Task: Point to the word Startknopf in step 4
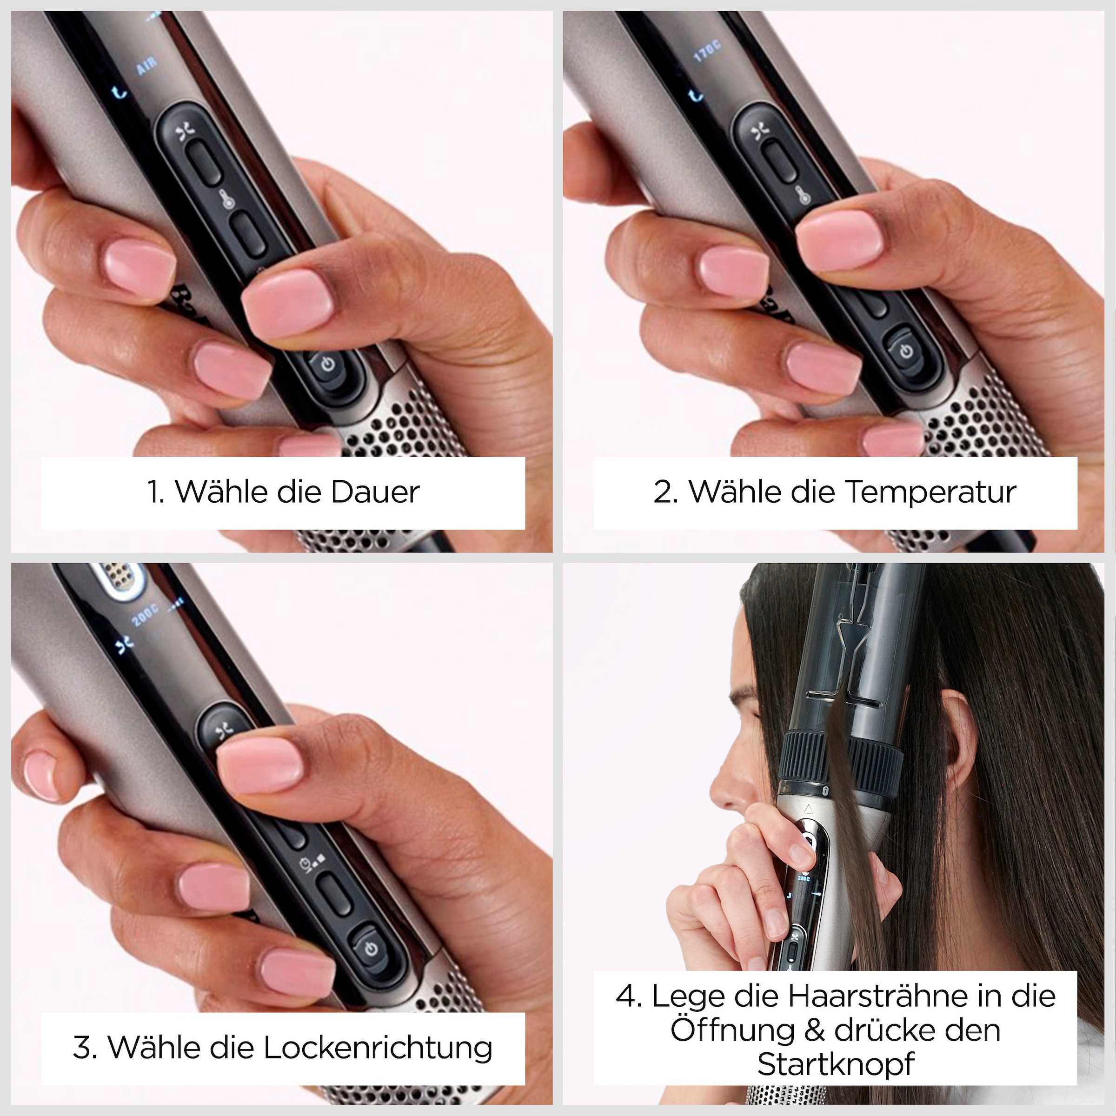836,1064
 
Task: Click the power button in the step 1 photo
327,365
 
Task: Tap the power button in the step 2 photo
906,351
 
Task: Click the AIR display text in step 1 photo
147,67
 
